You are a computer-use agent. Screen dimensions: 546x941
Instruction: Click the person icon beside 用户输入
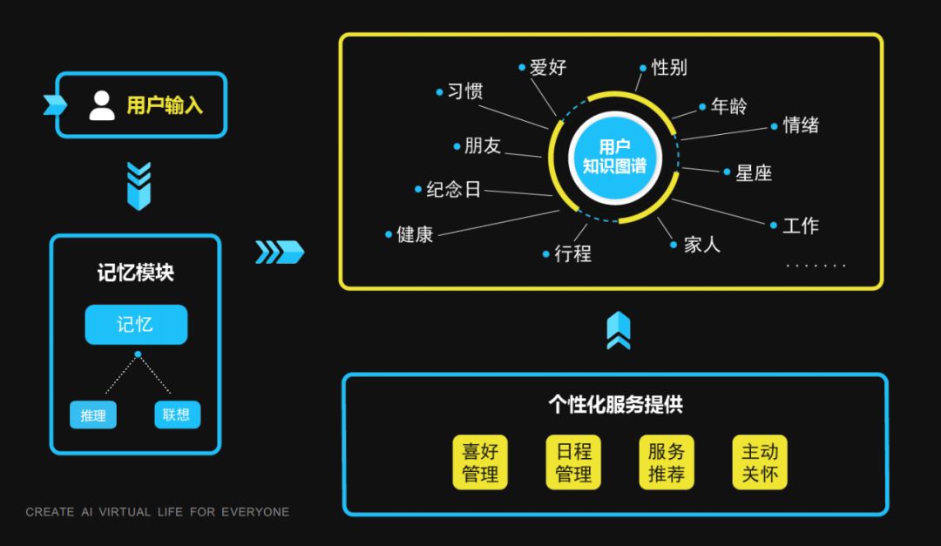pyautogui.click(x=102, y=105)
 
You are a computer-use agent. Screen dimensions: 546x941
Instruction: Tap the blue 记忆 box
pyautogui.click(x=136, y=325)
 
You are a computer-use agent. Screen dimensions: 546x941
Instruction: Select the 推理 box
pyautogui.click(x=93, y=415)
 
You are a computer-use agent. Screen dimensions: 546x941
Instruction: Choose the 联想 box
pyautogui.click(x=176, y=415)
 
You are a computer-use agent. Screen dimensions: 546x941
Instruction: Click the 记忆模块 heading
pyautogui.click(x=136, y=273)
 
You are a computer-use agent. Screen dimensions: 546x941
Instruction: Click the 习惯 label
pyautogui.click(x=465, y=91)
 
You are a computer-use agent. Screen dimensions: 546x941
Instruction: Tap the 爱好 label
pyautogui.click(x=548, y=67)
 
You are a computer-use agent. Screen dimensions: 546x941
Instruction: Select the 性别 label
pyautogui.click(x=669, y=67)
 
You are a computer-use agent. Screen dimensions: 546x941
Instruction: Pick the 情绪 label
pyautogui.click(x=801, y=125)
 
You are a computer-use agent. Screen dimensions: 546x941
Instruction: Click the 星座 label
pyautogui.click(x=754, y=172)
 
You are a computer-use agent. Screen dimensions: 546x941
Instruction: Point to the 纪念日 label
pyautogui.click(x=453, y=189)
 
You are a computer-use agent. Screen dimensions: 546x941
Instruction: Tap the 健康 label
pyautogui.click(x=415, y=234)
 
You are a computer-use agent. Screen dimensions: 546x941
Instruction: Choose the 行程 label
pyautogui.click(x=572, y=254)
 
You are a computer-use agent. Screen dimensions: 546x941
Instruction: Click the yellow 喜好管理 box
pyautogui.click(x=480, y=462)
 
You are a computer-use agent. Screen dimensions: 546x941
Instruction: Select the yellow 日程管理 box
pyautogui.click(x=573, y=462)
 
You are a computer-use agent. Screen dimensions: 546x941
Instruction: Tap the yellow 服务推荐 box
pyautogui.click(x=667, y=462)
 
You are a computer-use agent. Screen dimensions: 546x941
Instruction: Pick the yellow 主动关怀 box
pyautogui.click(x=760, y=462)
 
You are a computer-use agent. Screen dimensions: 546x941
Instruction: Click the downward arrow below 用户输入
pyautogui.click(x=139, y=185)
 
